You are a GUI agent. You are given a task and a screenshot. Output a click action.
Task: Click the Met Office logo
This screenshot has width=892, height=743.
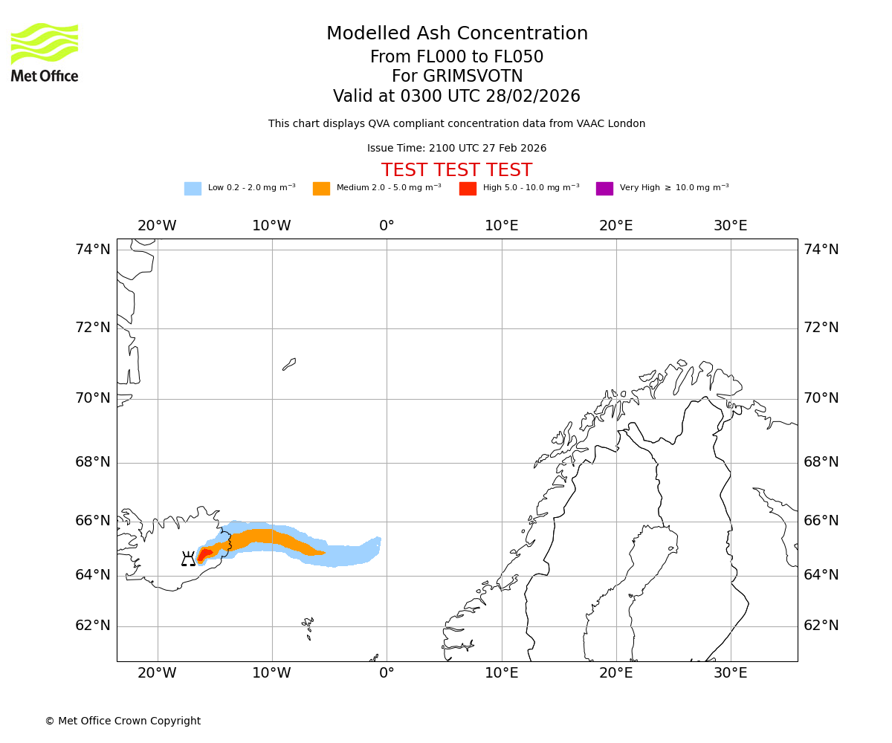(45, 52)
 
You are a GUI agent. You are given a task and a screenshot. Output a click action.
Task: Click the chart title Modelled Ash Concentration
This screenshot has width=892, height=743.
(457, 34)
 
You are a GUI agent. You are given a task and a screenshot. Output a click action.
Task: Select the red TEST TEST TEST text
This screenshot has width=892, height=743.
(456, 170)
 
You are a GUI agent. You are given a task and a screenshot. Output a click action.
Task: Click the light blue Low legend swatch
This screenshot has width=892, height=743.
(193, 189)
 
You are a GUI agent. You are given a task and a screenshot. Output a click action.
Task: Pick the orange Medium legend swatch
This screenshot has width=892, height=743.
(321, 189)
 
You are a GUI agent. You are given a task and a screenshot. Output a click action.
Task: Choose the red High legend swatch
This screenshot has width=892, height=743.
(468, 189)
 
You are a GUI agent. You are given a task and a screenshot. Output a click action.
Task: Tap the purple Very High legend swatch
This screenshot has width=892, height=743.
(604, 189)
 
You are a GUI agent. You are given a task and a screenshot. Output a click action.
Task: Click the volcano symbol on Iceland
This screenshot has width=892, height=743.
(188, 559)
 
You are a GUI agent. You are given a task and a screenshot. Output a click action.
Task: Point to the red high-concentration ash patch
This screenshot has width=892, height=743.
(204, 554)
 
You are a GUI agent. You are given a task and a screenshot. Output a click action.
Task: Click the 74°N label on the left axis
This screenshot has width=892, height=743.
(93, 250)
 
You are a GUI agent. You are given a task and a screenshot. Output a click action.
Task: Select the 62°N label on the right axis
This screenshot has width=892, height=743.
(821, 626)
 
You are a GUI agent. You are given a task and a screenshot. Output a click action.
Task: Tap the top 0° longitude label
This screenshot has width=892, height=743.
(387, 226)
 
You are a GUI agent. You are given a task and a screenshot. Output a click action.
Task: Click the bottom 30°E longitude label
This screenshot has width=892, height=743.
(731, 673)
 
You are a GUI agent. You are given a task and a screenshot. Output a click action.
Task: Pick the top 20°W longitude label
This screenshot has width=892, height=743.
(157, 226)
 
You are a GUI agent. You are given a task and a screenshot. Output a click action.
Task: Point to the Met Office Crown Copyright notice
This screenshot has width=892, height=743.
(123, 721)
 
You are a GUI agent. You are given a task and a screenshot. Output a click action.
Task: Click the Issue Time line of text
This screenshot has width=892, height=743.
(456, 149)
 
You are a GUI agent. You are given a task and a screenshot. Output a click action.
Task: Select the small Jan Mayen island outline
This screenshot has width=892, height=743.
(289, 364)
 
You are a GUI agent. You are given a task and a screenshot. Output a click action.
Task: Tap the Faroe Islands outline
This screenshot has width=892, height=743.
(308, 626)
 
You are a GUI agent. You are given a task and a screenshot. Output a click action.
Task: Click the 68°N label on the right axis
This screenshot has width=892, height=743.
(821, 462)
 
